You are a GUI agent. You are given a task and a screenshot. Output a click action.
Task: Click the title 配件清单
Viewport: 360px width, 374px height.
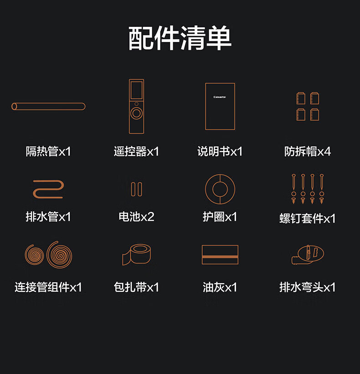[x=180, y=38]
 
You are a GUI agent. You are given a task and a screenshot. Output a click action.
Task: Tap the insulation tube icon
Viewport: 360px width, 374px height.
[x=48, y=106]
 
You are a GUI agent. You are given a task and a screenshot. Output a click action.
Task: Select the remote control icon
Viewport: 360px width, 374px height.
[x=137, y=106]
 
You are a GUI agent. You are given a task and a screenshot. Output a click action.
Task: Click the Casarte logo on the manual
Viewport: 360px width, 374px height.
[x=220, y=97]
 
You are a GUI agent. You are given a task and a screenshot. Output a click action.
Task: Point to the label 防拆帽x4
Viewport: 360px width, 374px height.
[x=307, y=151]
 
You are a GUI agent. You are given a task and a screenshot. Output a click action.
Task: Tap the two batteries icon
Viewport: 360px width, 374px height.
[x=137, y=189]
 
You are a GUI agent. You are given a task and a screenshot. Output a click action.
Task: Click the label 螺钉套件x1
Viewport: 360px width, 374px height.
[x=307, y=218]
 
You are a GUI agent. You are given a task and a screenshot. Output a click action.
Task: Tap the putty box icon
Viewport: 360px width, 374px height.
[x=220, y=255]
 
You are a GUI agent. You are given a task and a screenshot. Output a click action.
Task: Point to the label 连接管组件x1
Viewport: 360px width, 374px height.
[x=48, y=287]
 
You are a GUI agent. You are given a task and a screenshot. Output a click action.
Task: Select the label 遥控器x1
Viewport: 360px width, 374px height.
[x=137, y=151]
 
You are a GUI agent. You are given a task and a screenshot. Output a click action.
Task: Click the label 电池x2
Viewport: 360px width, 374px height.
[x=137, y=217]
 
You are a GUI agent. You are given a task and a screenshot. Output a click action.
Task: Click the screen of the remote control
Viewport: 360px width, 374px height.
[x=137, y=90]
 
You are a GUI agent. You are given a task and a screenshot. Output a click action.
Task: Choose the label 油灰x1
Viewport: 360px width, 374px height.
[x=220, y=287]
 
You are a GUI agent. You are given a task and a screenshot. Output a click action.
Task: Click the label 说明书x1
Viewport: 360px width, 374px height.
[x=220, y=151]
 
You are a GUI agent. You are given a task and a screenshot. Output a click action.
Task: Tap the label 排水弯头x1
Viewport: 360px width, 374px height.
[x=307, y=287]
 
